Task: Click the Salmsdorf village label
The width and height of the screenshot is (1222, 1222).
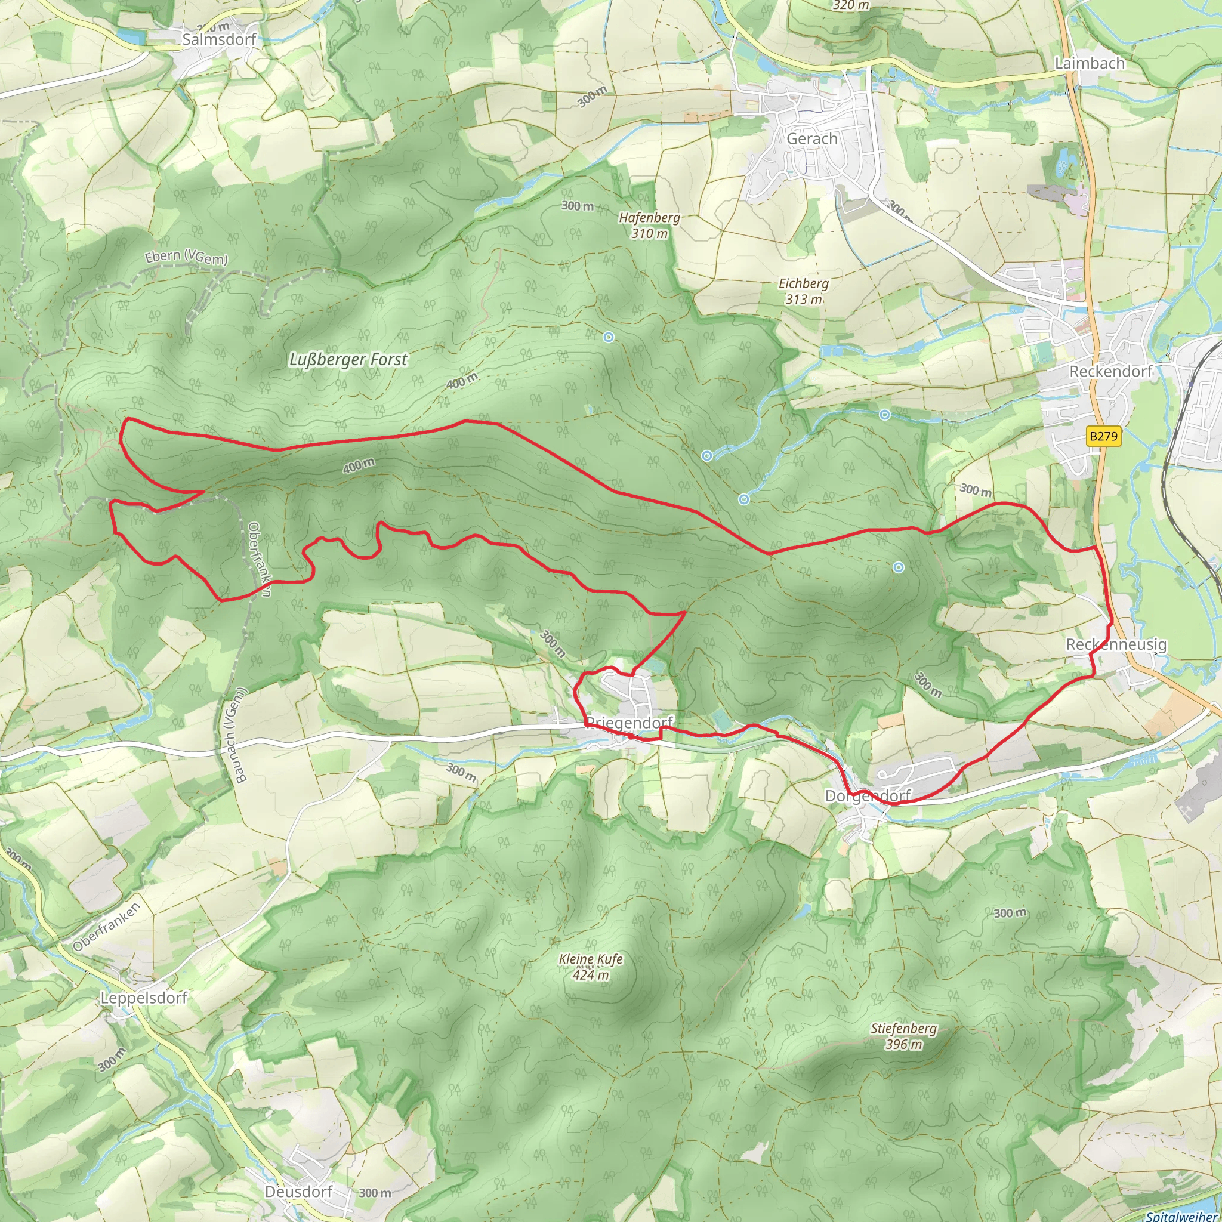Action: pos(219,39)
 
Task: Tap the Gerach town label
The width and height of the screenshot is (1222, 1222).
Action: pos(811,138)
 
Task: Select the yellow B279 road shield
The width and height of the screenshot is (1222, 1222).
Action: pos(1103,436)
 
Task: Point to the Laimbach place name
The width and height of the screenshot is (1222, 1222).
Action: pos(1090,63)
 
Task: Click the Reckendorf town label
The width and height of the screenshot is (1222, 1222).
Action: pos(1110,371)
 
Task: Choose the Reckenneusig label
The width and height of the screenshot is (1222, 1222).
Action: pos(1116,644)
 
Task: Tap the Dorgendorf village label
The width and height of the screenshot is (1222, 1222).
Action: pos(868,796)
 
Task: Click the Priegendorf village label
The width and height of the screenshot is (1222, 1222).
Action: pos(629,723)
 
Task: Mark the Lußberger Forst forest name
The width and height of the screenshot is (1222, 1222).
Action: pos(348,359)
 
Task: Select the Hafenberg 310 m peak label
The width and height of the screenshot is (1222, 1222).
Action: pos(650,225)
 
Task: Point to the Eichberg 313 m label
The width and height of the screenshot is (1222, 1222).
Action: pos(803,291)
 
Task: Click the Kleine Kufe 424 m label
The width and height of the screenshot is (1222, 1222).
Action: pos(591,967)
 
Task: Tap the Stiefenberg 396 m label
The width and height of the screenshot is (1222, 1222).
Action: pos(903,1036)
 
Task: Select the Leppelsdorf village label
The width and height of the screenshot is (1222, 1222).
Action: pos(144,998)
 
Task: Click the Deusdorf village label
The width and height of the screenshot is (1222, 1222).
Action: pos(298,1192)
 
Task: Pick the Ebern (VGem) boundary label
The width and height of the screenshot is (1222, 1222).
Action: pos(186,257)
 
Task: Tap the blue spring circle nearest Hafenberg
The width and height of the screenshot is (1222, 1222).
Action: pos(609,337)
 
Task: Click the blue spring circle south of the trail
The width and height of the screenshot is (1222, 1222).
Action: pos(898,568)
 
